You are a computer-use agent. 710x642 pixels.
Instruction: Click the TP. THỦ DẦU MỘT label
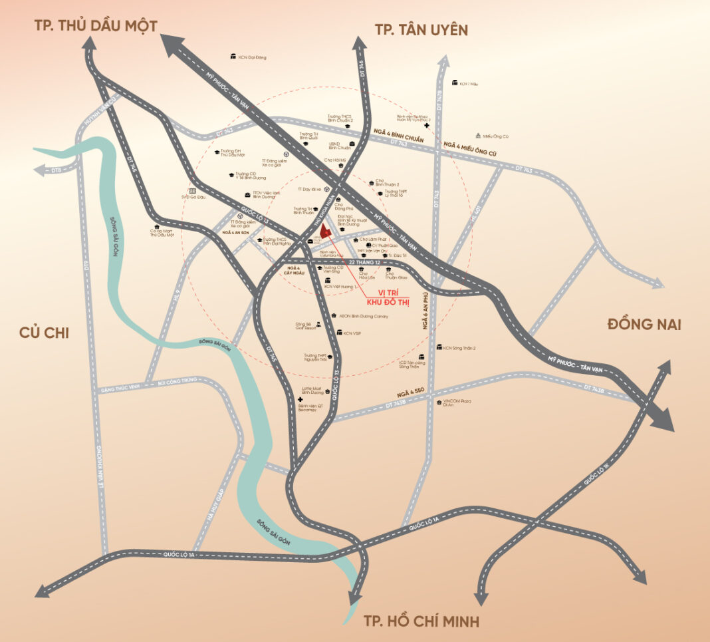tap(96, 26)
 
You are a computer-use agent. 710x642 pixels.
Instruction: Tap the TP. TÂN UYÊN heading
tap(421, 29)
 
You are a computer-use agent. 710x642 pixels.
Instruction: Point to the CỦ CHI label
tap(47, 333)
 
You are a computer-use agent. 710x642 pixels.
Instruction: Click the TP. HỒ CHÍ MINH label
tap(421, 621)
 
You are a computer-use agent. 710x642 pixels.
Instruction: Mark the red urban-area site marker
tap(324, 231)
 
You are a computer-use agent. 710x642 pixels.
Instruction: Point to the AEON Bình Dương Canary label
tap(363, 316)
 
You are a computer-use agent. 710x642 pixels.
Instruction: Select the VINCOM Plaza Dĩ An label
tap(459, 404)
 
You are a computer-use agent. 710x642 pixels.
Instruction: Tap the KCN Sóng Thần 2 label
tap(459, 348)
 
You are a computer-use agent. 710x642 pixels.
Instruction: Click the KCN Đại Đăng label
tap(252, 57)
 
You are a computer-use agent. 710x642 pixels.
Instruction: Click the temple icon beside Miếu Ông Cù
tap(478, 136)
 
